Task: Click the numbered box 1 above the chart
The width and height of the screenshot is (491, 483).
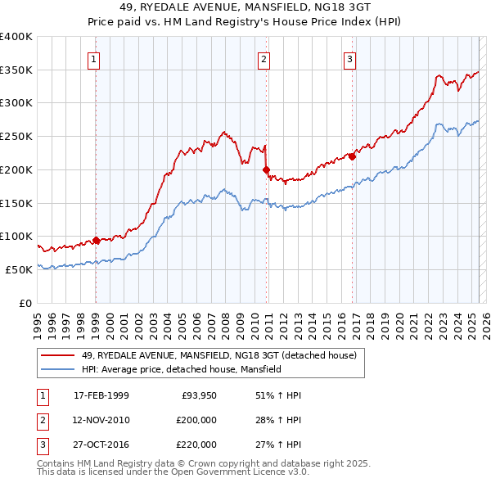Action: coord(95,58)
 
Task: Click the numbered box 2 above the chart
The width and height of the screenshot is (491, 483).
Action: coord(264,58)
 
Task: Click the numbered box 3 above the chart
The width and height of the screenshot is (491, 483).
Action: coord(349,58)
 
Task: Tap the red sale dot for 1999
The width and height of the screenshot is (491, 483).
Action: coord(96,240)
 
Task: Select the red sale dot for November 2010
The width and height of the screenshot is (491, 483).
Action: coord(266,169)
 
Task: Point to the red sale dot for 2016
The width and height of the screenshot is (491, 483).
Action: coord(352,156)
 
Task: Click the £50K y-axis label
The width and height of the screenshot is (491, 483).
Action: coord(19,269)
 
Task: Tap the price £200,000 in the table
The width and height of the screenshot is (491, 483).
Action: coord(196,420)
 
